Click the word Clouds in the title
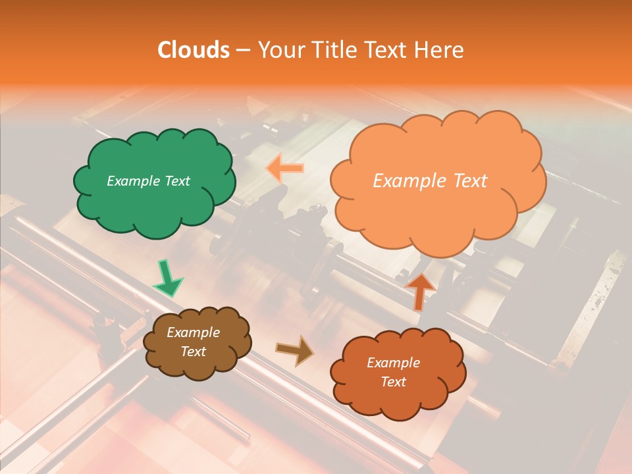coord(194,50)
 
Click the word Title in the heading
coord(336,50)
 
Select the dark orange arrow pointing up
coord(420,290)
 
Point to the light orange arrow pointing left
coord(285,169)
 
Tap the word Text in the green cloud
coord(178,181)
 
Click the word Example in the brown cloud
coord(193,332)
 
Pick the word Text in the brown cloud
coord(193,352)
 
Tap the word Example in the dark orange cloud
coord(393,363)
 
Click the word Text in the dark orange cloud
coord(393,382)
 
